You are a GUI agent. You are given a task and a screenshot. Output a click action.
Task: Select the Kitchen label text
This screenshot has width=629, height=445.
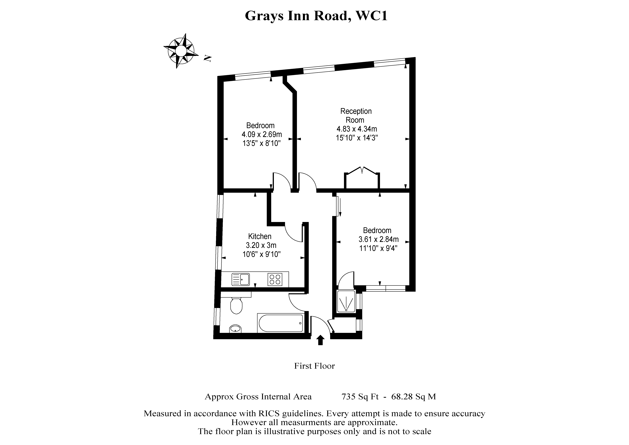tap(260, 236)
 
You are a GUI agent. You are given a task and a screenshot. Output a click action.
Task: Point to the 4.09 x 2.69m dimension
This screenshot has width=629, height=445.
tap(262, 134)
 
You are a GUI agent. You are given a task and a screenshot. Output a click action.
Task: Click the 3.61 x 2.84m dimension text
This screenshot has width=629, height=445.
tap(378, 239)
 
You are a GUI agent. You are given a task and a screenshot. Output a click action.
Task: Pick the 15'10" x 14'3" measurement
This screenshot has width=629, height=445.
tap(357, 138)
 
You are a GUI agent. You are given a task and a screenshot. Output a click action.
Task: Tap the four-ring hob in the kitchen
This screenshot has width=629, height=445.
tap(275, 279)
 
